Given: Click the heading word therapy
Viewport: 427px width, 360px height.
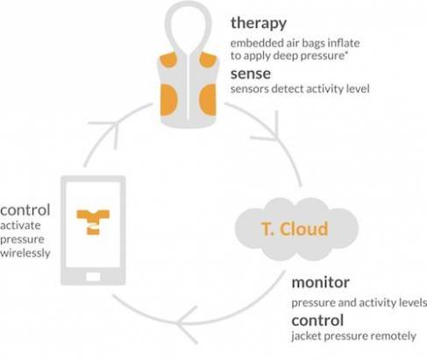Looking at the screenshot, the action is tap(259, 24).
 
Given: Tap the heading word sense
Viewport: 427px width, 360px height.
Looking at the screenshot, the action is tap(251, 74).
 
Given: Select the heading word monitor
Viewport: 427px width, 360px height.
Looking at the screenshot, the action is tap(321, 282).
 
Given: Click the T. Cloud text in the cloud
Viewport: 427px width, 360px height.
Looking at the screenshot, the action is tap(295, 229).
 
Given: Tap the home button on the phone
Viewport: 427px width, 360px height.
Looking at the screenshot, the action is tap(93, 277).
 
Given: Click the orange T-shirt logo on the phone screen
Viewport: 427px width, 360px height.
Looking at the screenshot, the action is tap(93, 222).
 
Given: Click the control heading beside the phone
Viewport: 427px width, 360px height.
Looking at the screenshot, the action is tap(25, 210).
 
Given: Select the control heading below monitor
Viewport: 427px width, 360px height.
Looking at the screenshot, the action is tap(317, 321).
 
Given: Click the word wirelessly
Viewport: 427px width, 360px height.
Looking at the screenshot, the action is tap(25, 253).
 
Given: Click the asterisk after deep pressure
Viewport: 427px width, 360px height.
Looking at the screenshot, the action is tap(346, 53).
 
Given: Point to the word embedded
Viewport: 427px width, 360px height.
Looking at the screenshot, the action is tap(253, 43).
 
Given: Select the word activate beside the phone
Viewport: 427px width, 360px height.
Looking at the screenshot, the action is tap(20, 225).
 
